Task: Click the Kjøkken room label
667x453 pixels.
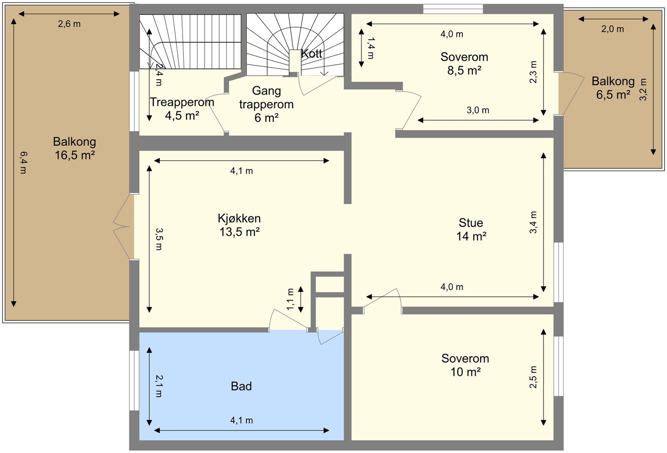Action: click(x=239, y=219)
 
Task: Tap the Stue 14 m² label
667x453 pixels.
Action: click(x=471, y=229)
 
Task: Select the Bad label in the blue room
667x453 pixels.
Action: click(x=241, y=386)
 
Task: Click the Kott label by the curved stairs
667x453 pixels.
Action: click(x=311, y=54)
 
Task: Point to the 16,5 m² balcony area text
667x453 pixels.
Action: click(x=75, y=156)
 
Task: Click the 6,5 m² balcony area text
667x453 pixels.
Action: click(x=613, y=95)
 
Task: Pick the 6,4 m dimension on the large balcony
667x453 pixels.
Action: click(x=23, y=163)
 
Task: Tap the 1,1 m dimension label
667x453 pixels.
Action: click(x=291, y=299)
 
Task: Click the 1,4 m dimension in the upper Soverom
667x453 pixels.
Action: click(x=371, y=48)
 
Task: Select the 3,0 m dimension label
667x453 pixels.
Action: click(x=478, y=111)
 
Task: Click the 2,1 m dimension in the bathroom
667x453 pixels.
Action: click(x=159, y=386)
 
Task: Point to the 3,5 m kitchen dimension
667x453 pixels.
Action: click(x=159, y=239)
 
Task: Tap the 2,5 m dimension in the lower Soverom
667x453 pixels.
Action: click(x=533, y=377)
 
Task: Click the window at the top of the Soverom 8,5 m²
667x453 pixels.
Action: click(x=453, y=9)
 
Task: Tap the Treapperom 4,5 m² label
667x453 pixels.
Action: click(x=182, y=109)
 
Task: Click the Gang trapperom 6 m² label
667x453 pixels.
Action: click(x=266, y=104)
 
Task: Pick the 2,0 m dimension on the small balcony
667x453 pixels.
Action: click(x=612, y=29)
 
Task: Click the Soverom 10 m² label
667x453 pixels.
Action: click(x=465, y=365)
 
